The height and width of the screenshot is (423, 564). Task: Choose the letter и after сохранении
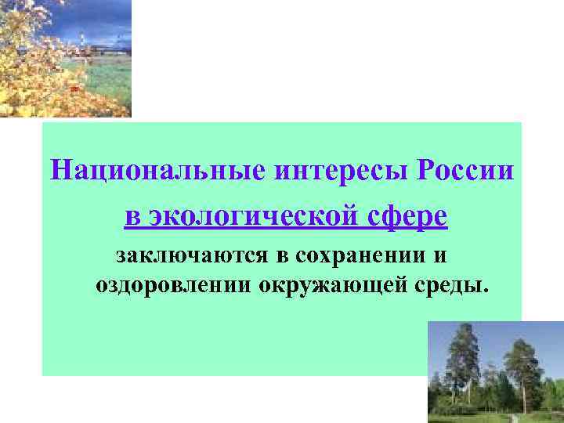(x=441, y=256)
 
